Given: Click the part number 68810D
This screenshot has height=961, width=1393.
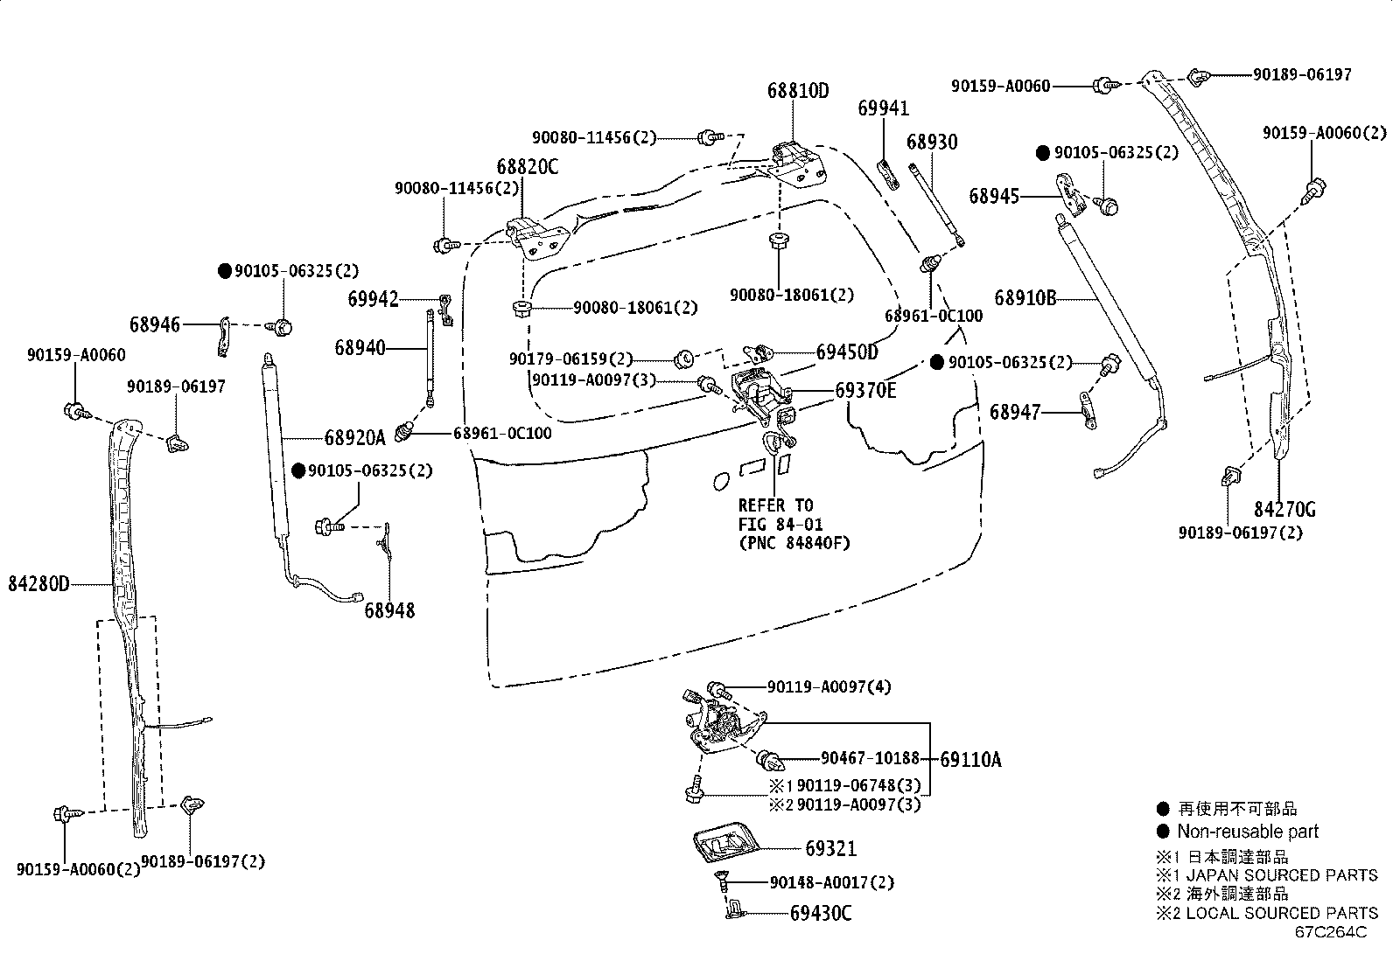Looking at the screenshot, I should click(797, 90).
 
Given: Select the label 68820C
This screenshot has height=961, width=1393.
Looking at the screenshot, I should click(527, 166).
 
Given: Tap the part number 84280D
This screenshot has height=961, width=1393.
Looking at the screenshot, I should click(38, 583).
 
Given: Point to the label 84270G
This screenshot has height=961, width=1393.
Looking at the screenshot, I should click(1284, 510).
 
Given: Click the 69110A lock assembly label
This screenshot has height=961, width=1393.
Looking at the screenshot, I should click(970, 760).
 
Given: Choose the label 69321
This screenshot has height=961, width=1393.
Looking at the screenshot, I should click(830, 848).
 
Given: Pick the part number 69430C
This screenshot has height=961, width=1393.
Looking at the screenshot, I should click(820, 914).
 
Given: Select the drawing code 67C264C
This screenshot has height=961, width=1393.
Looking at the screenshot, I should click(1331, 931).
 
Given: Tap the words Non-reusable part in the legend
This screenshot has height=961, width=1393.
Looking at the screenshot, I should click(1247, 832).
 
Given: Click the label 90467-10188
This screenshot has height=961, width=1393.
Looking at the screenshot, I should click(870, 758).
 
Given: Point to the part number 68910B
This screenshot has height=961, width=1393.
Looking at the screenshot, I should click(1025, 298).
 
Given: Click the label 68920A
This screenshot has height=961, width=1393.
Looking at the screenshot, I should click(354, 437).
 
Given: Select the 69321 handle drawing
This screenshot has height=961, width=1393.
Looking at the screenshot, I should click(723, 846).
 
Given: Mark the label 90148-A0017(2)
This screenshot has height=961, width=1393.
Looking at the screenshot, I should click(832, 882).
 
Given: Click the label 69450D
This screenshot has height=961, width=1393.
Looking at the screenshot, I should click(846, 352).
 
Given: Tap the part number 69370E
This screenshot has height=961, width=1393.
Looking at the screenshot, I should click(864, 390).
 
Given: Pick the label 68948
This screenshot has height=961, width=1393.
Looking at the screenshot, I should click(389, 610).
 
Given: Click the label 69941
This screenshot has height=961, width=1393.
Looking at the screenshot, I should click(883, 108).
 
